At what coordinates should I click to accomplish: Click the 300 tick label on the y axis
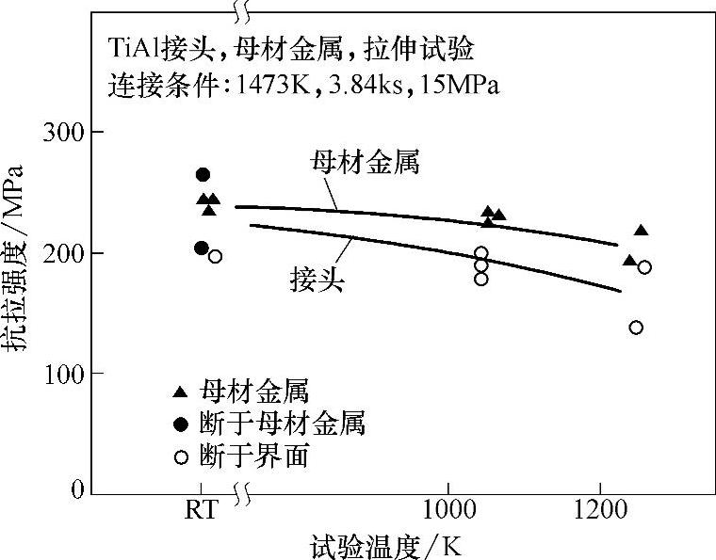tap(63, 133)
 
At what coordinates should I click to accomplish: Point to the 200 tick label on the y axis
tap(63, 254)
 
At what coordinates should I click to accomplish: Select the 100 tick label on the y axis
tap(63, 375)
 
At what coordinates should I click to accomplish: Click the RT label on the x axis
tap(201, 513)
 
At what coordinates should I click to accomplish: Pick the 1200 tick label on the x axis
tap(600, 513)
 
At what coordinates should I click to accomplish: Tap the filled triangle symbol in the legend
tap(180, 392)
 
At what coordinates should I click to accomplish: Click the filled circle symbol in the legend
tap(180, 424)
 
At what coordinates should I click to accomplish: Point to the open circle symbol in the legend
tap(180, 457)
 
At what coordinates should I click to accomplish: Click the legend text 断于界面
tap(254, 457)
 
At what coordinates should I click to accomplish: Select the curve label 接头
tap(315, 279)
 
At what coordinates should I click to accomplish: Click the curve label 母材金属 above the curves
tap(365, 162)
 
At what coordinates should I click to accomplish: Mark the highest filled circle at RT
tap(202, 174)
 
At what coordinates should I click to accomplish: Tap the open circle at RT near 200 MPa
tap(215, 256)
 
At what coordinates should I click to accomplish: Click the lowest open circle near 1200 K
tap(636, 328)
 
